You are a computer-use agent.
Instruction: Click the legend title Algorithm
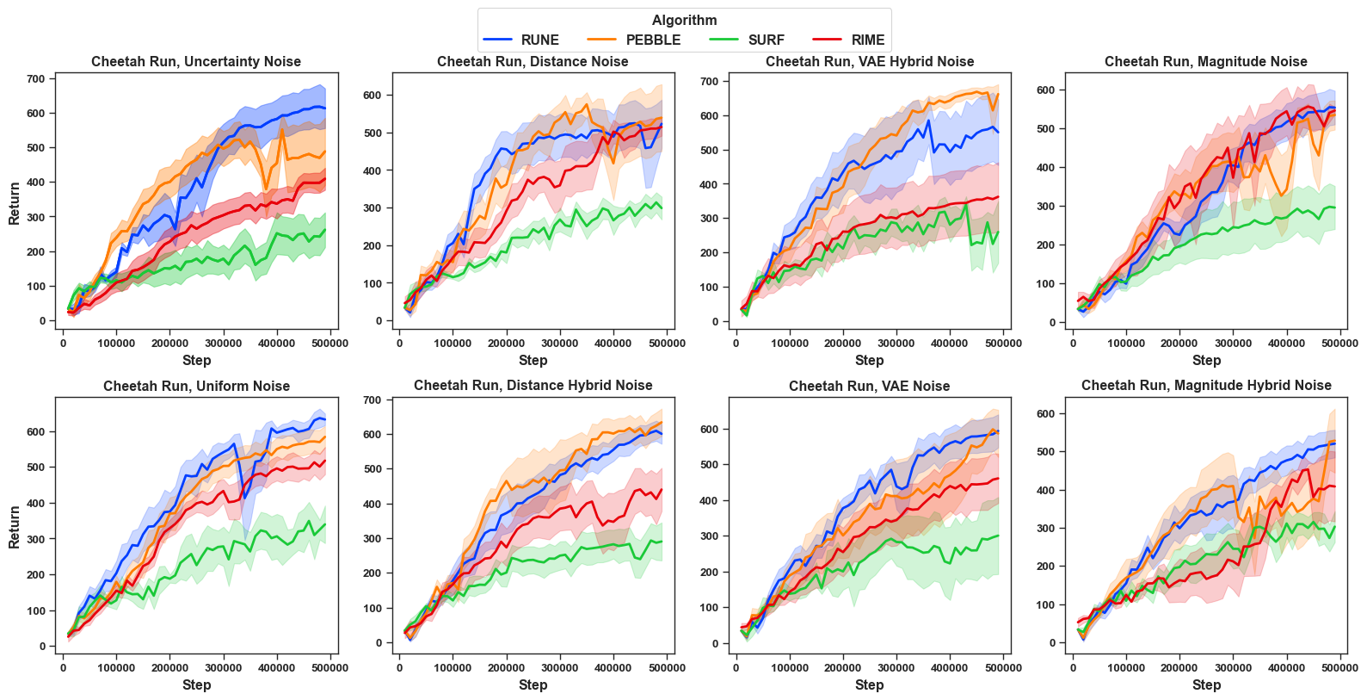[684, 21]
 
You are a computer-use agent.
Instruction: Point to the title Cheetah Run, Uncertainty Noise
[196, 62]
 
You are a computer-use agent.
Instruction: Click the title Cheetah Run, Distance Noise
[533, 62]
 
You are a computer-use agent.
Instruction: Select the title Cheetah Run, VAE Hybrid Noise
[870, 62]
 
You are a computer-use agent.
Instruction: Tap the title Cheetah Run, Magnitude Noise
[1205, 62]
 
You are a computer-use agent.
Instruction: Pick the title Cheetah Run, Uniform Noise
[196, 387]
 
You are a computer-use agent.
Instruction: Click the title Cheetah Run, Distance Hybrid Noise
[533, 386]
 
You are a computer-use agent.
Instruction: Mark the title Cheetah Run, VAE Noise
[869, 387]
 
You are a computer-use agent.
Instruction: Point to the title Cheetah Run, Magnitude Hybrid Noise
[1206, 386]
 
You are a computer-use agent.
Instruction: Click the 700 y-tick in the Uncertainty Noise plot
[35, 79]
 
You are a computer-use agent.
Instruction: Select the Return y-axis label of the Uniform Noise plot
[15, 527]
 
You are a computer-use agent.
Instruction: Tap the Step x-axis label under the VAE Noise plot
[869, 685]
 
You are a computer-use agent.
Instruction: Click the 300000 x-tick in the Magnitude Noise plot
[1233, 344]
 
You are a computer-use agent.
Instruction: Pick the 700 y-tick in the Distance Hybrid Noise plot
[372, 400]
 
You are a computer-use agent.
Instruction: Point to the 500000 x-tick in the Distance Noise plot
[667, 344]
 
